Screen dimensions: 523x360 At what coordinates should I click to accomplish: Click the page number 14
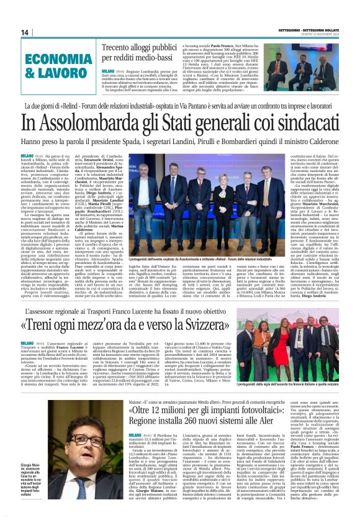pyautogui.click(x=25, y=32)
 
